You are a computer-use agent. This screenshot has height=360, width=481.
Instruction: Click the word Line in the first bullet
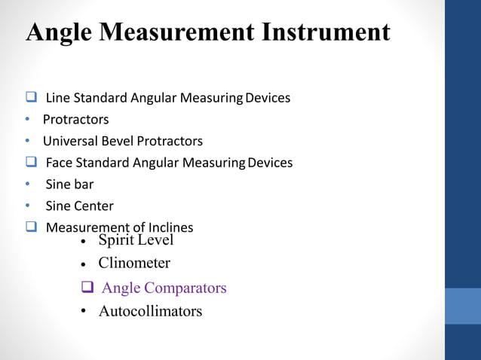pos(56,98)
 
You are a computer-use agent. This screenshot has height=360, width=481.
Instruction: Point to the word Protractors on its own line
pos(75,120)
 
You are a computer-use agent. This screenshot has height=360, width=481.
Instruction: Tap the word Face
pos(59,163)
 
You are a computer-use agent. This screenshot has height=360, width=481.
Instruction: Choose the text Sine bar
pos(68,185)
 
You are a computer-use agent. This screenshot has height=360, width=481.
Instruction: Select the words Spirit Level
pos(136,240)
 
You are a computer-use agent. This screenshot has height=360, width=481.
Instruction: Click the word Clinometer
pos(134,264)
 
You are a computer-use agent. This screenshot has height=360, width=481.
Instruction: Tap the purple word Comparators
pos(185,288)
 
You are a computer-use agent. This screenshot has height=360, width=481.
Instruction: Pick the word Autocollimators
pos(150,311)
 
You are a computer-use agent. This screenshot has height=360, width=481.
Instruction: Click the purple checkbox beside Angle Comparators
pos(87,287)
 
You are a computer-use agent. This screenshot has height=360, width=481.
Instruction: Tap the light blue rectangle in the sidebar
pos(462,305)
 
